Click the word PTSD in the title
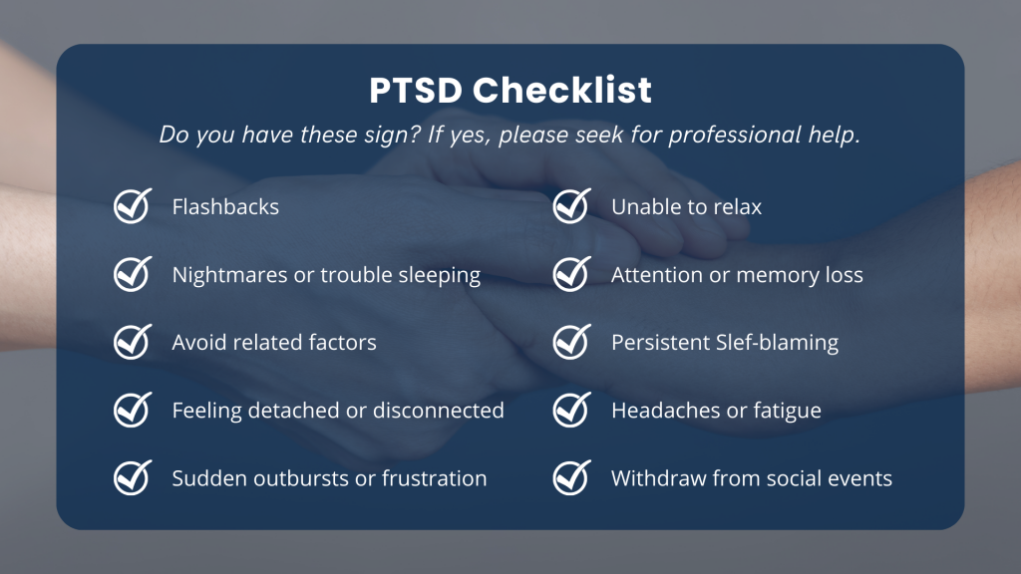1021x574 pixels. click(x=416, y=90)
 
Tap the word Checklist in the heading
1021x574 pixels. click(x=562, y=90)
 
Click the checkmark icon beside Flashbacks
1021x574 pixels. click(x=133, y=205)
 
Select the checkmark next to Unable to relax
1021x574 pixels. click(x=572, y=205)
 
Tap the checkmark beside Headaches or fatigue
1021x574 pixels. click(x=572, y=410)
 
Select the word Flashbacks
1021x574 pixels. click(x=225, y=207)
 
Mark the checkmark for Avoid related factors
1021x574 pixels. click(x=133, y=342)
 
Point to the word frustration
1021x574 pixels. click(x=434, y=478)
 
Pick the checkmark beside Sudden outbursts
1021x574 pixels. click(x=133, y=477)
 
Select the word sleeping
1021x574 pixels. click(x=440, y=276)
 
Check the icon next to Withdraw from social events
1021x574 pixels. click(x=572, y=477)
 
